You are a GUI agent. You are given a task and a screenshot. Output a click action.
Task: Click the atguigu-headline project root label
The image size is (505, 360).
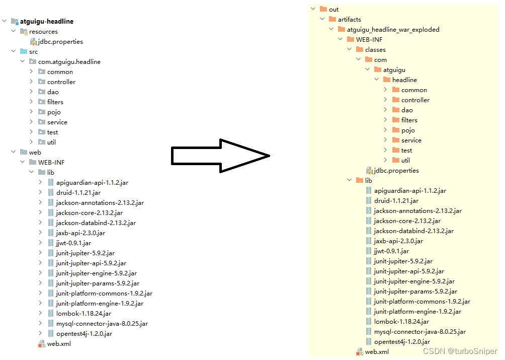point(46,22)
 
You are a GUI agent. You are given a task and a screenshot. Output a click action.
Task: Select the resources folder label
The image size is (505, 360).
point(43,32)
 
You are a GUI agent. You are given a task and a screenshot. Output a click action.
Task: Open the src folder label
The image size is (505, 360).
point(33,52)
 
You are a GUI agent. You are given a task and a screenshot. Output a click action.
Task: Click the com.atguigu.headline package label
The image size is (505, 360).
point(69,62)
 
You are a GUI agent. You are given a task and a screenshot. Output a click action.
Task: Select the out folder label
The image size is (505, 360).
point(333,10)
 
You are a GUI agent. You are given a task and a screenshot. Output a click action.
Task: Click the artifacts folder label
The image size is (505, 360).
point(349,20)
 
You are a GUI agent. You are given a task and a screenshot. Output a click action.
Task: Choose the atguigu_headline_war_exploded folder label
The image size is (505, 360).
point(393,30)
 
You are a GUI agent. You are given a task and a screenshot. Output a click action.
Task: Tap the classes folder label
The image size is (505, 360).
point(375,50)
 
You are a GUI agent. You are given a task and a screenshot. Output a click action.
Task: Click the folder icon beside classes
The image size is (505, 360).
point(360,50)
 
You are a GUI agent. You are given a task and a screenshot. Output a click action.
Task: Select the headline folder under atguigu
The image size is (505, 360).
point(404,80)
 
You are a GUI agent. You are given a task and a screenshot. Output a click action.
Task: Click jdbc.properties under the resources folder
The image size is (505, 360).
point(60,42)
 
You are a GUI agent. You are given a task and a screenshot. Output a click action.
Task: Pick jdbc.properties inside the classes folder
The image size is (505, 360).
point(396,171)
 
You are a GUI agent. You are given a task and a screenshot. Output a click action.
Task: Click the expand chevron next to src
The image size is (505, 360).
point(14,52)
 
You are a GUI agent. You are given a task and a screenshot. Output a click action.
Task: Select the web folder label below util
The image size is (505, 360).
point(35,152)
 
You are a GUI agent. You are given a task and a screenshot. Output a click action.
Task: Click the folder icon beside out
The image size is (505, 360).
point(323,10)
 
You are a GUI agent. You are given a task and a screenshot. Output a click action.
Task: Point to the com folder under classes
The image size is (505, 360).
point(380,60)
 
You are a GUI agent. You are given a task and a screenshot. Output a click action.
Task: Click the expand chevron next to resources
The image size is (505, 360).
point(14,32)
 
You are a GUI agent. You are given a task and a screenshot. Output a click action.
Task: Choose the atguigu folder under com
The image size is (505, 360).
point(394,70)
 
